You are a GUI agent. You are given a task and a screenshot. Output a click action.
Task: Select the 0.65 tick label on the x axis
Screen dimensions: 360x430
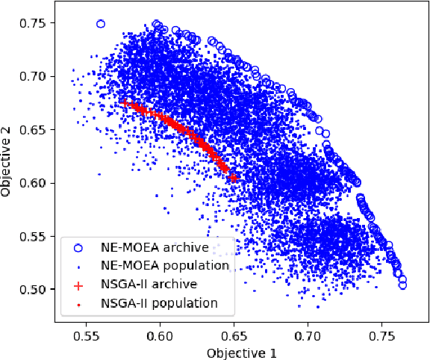[234, 336]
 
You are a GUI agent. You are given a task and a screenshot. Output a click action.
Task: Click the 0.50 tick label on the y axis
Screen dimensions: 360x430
[35, 290]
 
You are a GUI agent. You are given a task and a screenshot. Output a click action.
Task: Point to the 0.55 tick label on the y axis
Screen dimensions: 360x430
[35, 237]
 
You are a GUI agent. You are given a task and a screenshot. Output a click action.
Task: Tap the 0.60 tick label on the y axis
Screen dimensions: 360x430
[35, 183]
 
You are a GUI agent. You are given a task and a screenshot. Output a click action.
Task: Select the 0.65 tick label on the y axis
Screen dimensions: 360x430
[35, 130]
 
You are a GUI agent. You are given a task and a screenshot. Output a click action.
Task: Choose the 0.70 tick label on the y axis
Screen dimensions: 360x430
[35, 77]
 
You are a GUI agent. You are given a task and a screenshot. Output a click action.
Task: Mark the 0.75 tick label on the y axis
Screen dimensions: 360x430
[35, 24]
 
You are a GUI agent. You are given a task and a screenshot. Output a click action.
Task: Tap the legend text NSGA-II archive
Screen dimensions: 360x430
[149, 284]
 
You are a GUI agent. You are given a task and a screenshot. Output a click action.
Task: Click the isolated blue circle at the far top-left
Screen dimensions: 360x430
[101, 24]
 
